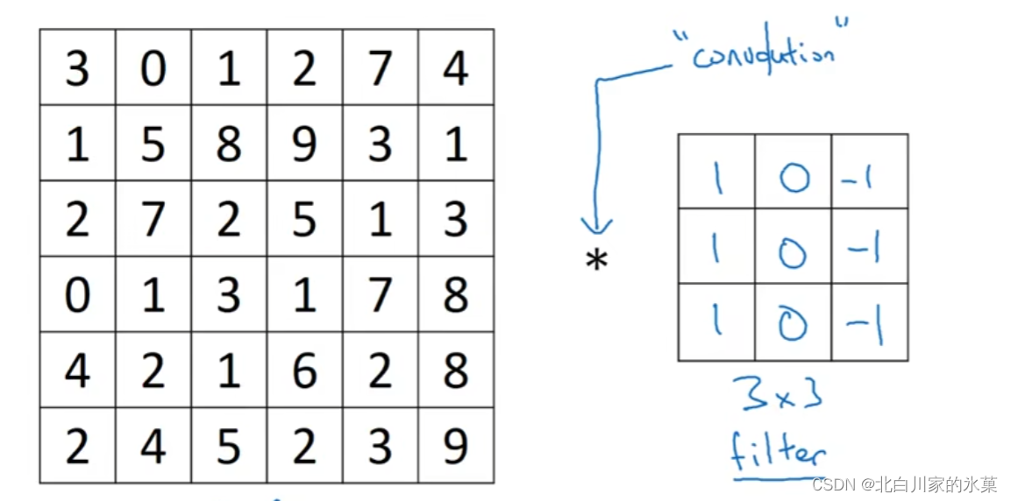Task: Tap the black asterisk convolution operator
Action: coord(597,260)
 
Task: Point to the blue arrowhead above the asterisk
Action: coord(597,227)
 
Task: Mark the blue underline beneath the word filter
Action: coord(776,477)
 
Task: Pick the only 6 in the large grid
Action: coord(304,371)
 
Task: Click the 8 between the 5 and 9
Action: coord(229,144)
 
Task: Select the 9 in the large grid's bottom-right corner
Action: coord(455,447)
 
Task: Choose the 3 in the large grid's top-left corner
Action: coord(77,68)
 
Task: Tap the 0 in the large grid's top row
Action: coord(153,68)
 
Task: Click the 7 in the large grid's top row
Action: coord(380,68)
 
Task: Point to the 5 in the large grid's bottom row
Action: coord(229,447)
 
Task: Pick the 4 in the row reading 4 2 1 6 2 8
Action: coord(77,371)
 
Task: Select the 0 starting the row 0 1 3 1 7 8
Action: coord(77,295)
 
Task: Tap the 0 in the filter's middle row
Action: coord(793,251)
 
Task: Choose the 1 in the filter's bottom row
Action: coord(717,324)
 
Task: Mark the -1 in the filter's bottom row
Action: coord(866,327)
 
